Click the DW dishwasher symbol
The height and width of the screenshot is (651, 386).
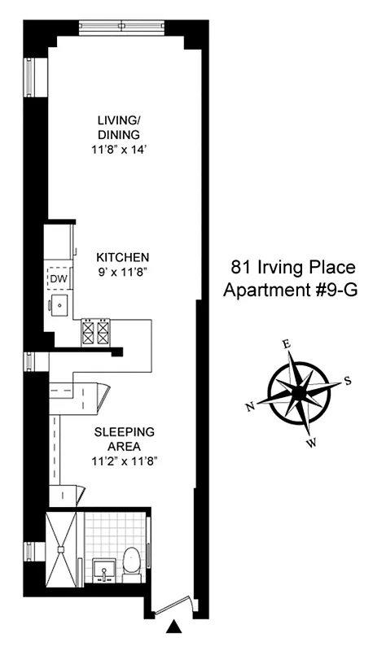coord(57,279)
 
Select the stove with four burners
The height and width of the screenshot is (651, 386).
coord(94,331)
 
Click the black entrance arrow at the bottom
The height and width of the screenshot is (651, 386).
coord(173,627)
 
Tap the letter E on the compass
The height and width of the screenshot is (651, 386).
coord(286,344)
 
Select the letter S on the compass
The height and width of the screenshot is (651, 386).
coord(348,380)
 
